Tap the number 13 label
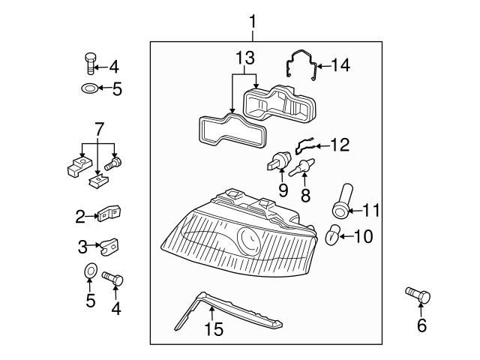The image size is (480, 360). point(244,57)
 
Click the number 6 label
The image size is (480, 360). point(421,325)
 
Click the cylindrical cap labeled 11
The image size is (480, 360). point(342,199)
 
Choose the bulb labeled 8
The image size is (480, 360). point(305,166)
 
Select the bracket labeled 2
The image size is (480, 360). point(110,214)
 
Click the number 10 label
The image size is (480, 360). point(362,237)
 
